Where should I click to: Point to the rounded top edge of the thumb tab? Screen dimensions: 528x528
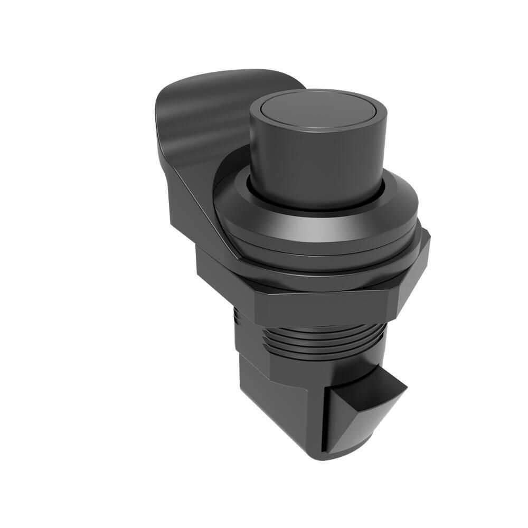click(227, 74)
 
